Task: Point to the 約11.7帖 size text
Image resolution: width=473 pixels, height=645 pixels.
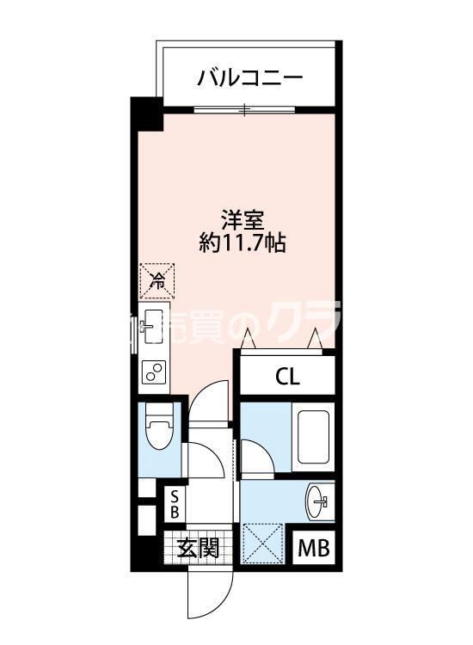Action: click(x=243, y=243)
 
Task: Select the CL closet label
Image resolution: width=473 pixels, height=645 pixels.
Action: click(x=287, y=376)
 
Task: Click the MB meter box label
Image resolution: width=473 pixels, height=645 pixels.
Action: click(x=314, y=548)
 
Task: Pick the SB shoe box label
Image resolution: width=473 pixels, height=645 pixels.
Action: click(x=175, y=505)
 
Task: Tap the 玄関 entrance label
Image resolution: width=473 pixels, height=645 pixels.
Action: click(x=198, y=548)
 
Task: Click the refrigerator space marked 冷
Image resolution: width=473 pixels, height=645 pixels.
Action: click(x=157, y=278)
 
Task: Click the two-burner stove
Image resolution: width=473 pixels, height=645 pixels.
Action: click(x=155, y=372)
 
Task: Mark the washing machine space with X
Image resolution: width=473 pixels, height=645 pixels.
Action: click(x=265, y=544)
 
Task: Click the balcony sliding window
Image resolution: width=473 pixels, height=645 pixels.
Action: click(x=245, y=109)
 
